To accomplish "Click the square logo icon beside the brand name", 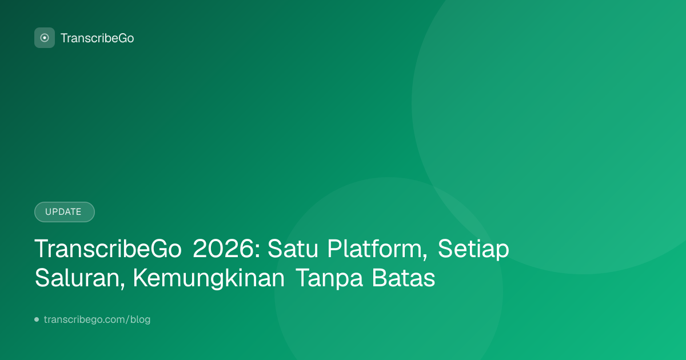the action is pos(45,38).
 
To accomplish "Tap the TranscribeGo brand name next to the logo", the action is pos(97,38).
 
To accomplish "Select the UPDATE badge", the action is pos(64,212).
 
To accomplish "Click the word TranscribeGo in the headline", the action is pos(108,249).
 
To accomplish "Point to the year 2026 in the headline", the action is pos(223,249).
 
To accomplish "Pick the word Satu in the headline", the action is pos(293,249).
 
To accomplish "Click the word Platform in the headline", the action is pos(374,249).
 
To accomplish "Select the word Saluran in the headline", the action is pos(77,278).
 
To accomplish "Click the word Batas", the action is pos(404,278).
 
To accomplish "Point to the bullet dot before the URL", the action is pos(37,319).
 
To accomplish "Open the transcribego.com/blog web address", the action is pos(97,319).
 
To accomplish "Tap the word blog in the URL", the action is pos(140,319).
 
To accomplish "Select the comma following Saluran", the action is pos(122,286).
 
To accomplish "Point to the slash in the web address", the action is pos(127,319).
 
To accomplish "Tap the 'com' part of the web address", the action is pos(115,320).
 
